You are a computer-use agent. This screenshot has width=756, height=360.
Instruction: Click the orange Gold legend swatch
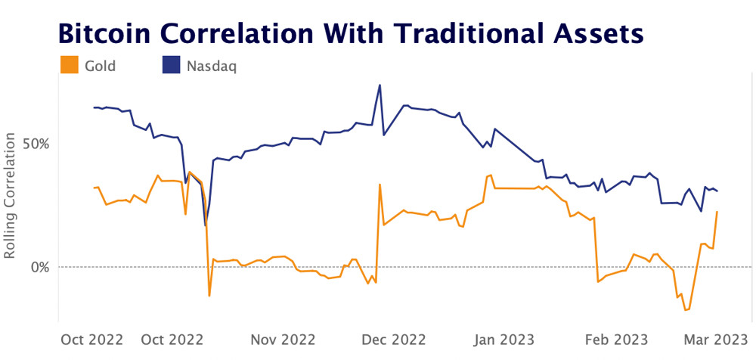tap(69, 66)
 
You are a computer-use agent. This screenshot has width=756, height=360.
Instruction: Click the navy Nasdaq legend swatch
tap(172, 66)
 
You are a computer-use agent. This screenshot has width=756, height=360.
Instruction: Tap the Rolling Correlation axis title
tap(11, 196)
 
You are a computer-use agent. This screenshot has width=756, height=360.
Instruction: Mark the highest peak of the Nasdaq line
tap(380, 85)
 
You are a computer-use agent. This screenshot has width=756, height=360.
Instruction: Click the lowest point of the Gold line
tap(686, 310)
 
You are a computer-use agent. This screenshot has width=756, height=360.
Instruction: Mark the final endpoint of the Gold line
tap(717, 211)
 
